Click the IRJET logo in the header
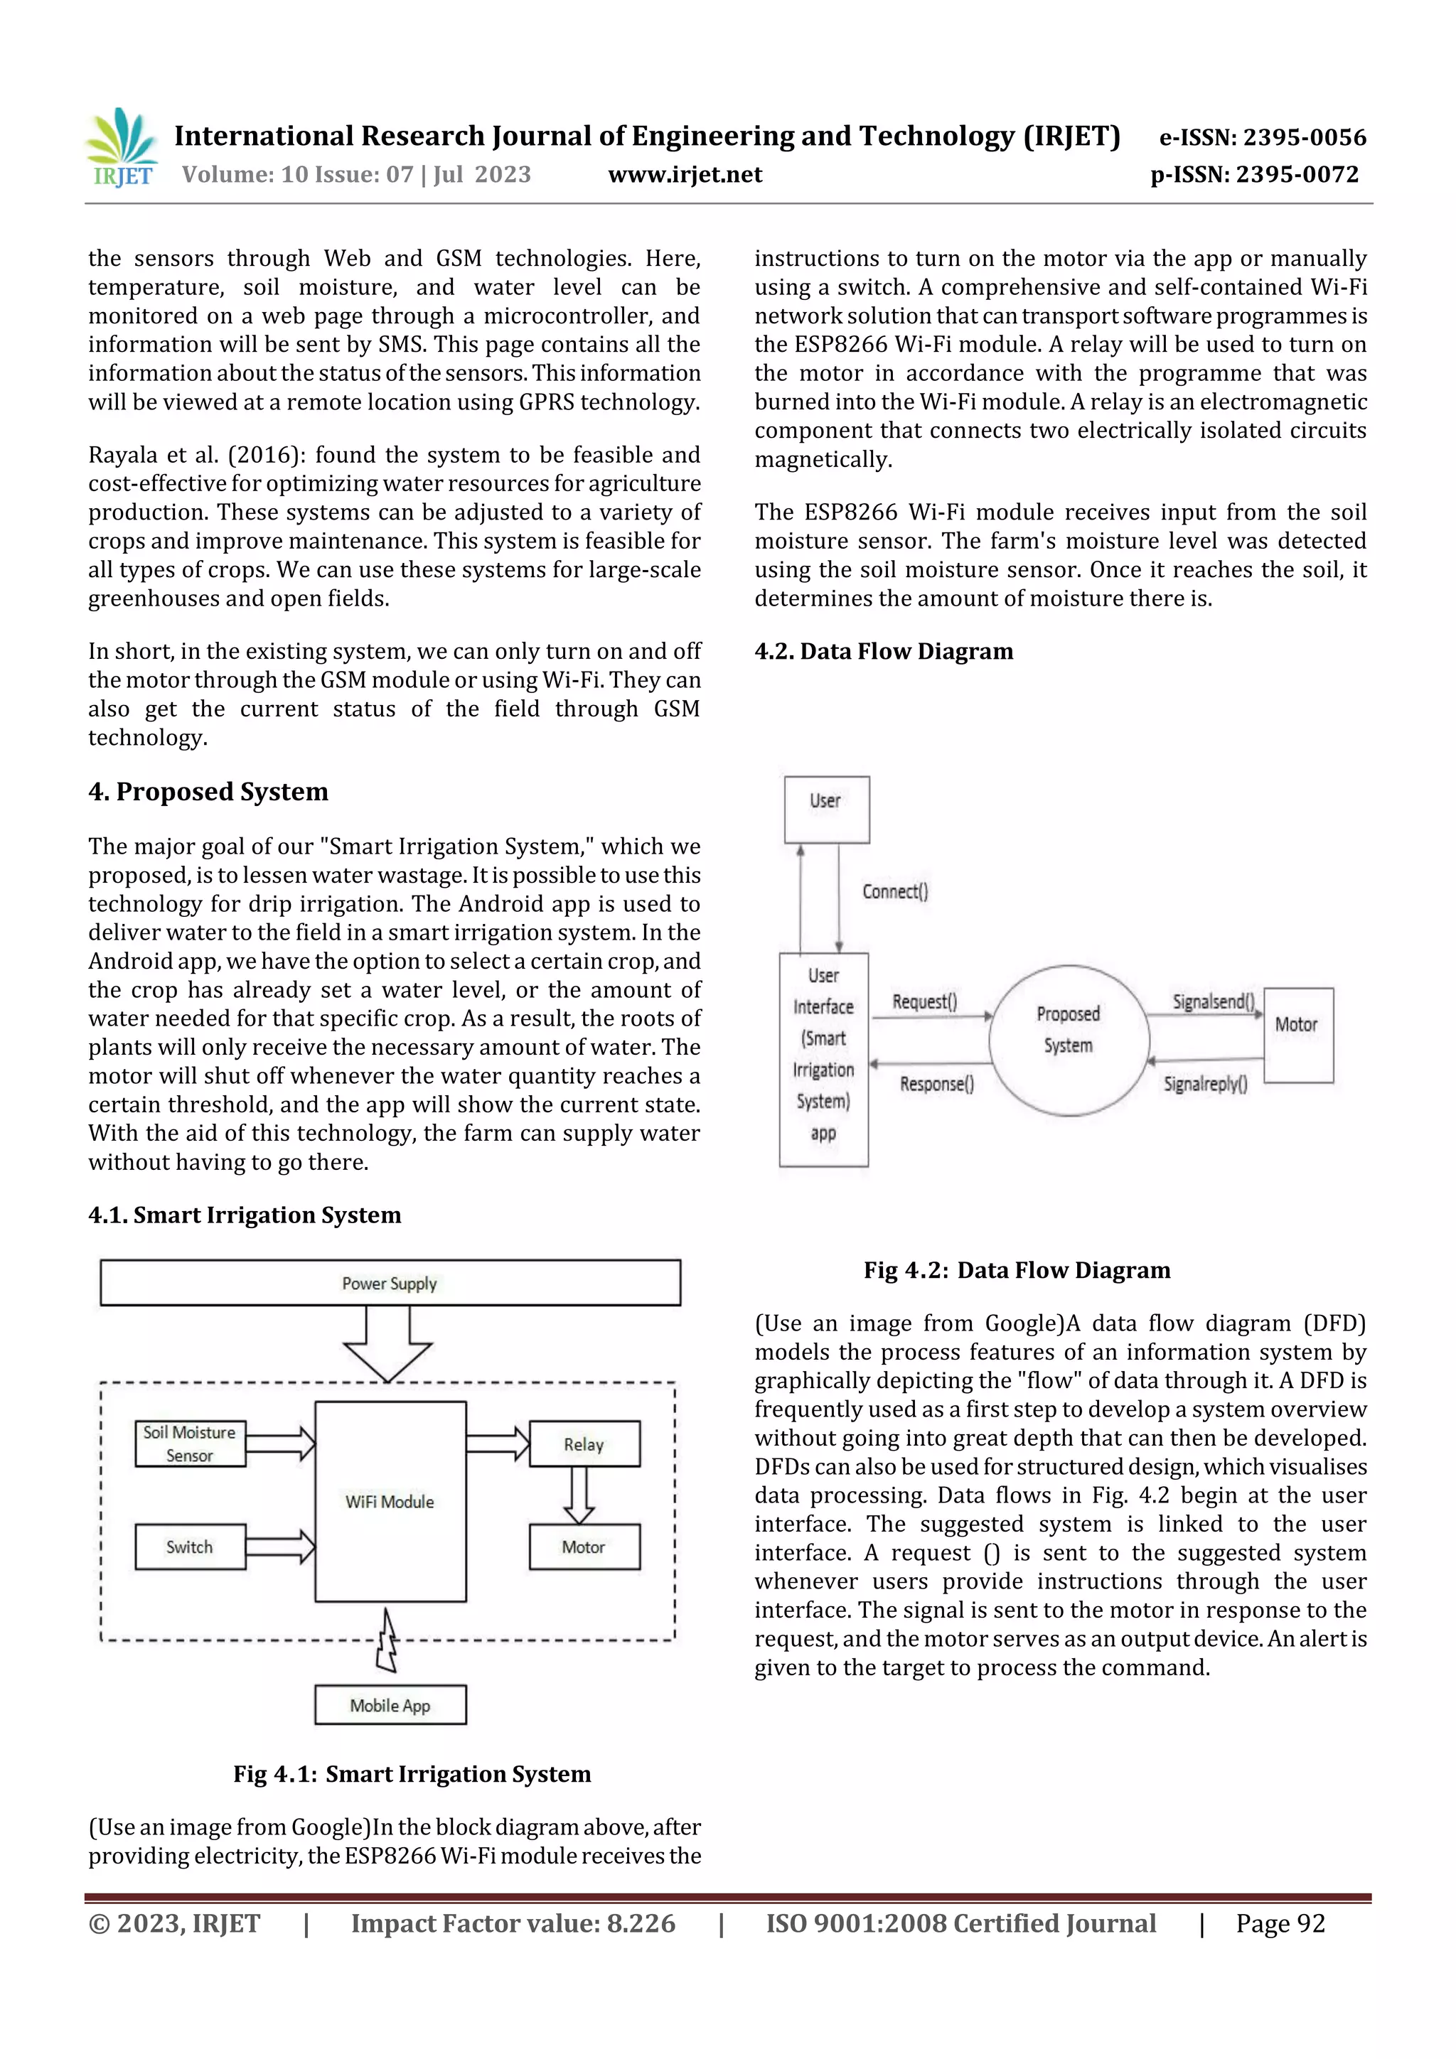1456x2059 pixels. [121, 148]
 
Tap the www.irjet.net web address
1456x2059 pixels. [685, 175]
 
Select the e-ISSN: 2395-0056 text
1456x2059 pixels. [1262, 137]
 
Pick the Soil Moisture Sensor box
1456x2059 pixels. [189, 1444]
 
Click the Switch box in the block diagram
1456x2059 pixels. [189, 1547]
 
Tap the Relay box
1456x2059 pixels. [584, 1444]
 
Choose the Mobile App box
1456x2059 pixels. [390, 1706]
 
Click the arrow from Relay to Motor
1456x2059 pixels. [579, 1495]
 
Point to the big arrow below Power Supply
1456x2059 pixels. [388, 1343]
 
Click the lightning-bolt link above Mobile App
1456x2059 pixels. [387, 1641]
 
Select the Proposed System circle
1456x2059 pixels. [1069, 1041]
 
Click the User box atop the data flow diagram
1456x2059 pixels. [826, 810]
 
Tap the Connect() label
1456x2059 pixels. [895, 891]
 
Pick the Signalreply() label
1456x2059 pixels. [1205, 1084]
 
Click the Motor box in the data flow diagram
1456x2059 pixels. [1297, 1035]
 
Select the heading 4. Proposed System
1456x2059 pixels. [208, 792]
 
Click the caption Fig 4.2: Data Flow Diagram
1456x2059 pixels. [1017, 1270]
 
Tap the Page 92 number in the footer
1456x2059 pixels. [1280, 1923]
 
